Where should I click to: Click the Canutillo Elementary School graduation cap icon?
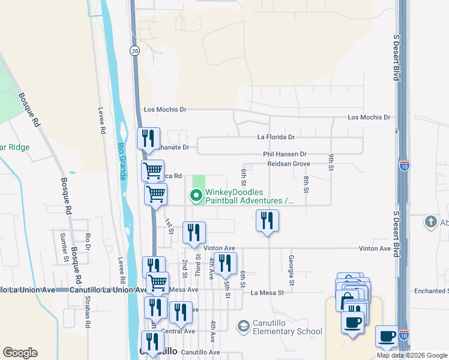point(243,326)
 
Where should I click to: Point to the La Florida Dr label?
point(276,137)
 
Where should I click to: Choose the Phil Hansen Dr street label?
point(285,154)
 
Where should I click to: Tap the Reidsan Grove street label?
point(288,163)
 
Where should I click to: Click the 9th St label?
point(331,162)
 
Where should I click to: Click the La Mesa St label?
point(267,293)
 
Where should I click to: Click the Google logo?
point(20,353)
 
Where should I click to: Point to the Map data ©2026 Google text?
point(412,355)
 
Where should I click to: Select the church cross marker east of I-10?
point(430,222)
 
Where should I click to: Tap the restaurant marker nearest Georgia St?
point(267,220)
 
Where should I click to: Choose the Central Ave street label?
point(178,331)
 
